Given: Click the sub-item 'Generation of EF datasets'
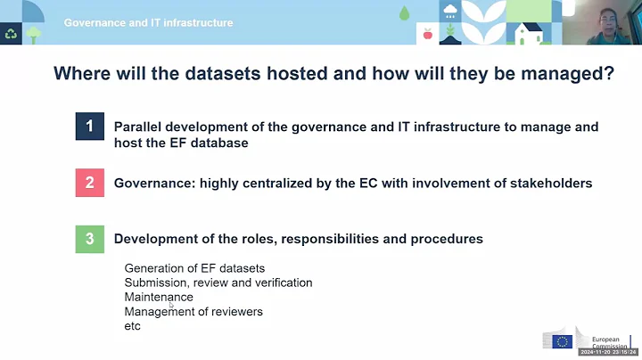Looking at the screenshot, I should [x=194, y=268].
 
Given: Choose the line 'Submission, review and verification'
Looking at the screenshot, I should [x=218, y=282].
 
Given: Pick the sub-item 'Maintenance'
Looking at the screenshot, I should [x=159, y=297].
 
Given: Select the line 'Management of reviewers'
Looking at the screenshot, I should [x=193, y=312].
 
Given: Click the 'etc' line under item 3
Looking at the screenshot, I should [x=133, y=326].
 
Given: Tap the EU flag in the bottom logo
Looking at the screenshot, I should [x=562, y=340].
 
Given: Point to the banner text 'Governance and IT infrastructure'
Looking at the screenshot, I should [x=148, y=22].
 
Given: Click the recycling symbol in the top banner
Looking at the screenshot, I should [x=12, y=34].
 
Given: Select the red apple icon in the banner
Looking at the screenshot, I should [x=427, y=34].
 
